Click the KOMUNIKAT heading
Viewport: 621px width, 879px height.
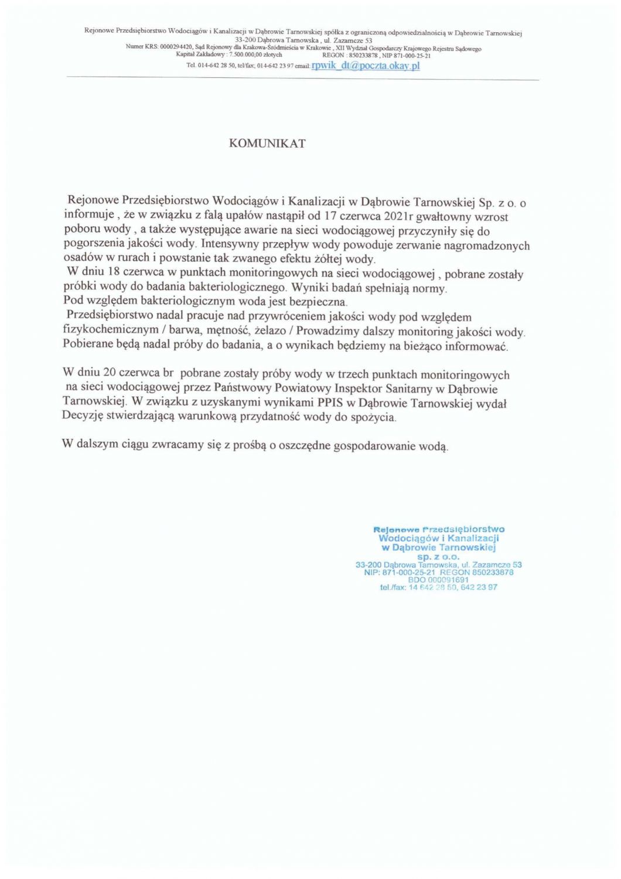pos(267,144)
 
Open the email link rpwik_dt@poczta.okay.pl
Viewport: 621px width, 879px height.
pos(366,66)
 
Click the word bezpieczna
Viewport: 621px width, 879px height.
pos(320,302)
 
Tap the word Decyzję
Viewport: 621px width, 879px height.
pos(83,417)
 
